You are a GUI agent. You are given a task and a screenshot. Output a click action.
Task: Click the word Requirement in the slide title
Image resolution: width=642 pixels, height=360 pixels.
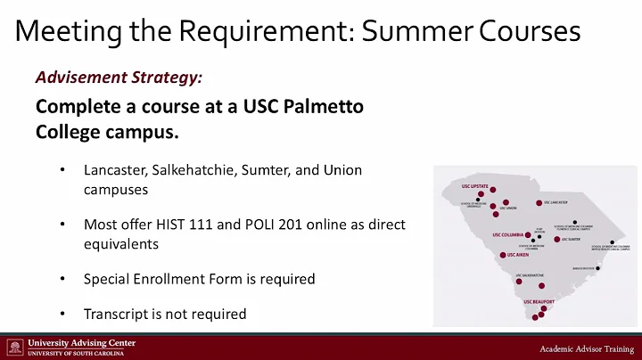click(248, 32)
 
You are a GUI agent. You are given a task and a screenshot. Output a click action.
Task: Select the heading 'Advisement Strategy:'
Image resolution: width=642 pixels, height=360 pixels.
click(119, 77)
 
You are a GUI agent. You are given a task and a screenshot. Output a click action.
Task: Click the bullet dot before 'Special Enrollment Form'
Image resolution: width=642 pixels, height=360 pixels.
click(62, 279)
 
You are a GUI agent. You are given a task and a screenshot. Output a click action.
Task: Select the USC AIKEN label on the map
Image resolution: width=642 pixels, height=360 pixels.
click(516, 255)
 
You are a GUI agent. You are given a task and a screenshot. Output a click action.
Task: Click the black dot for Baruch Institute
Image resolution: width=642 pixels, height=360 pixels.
click(598, 268)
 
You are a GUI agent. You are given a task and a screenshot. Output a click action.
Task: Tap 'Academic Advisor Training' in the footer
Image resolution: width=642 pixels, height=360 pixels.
click(584, 348)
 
